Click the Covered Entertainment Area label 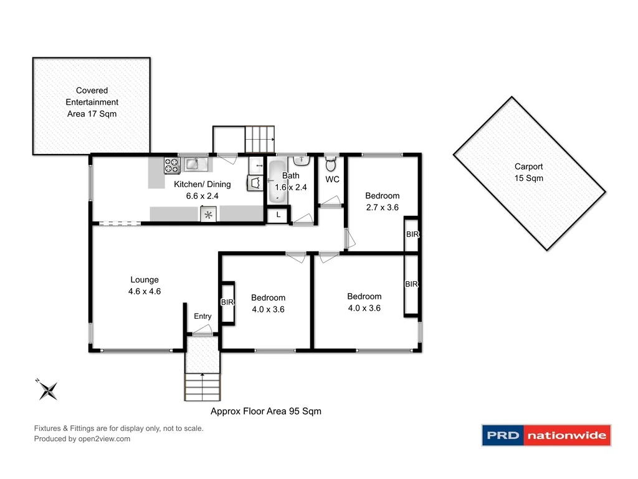click(x=92, y=102)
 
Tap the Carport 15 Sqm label click(x=528, y=172)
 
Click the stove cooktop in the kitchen click(x=172, y=165)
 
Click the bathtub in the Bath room click(x=276, y=181)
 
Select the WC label click(x=332, y=180)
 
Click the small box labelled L click(x=278, y=215)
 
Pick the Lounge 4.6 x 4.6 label click(x=144, y=286)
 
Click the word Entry click(x=202, y=316)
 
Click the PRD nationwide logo click(x=546, y=435)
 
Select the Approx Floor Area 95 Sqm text click(x=265, y=411)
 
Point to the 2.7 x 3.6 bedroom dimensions click(x=382, y=208)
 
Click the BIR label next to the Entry click(x=227, y=302)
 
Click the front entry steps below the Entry click(x=202, y=386)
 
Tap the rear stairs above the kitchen click(x=258, y=138)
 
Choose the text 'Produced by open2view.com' click(x=82, y=438)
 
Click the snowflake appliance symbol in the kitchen click(x=209, y=215)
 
